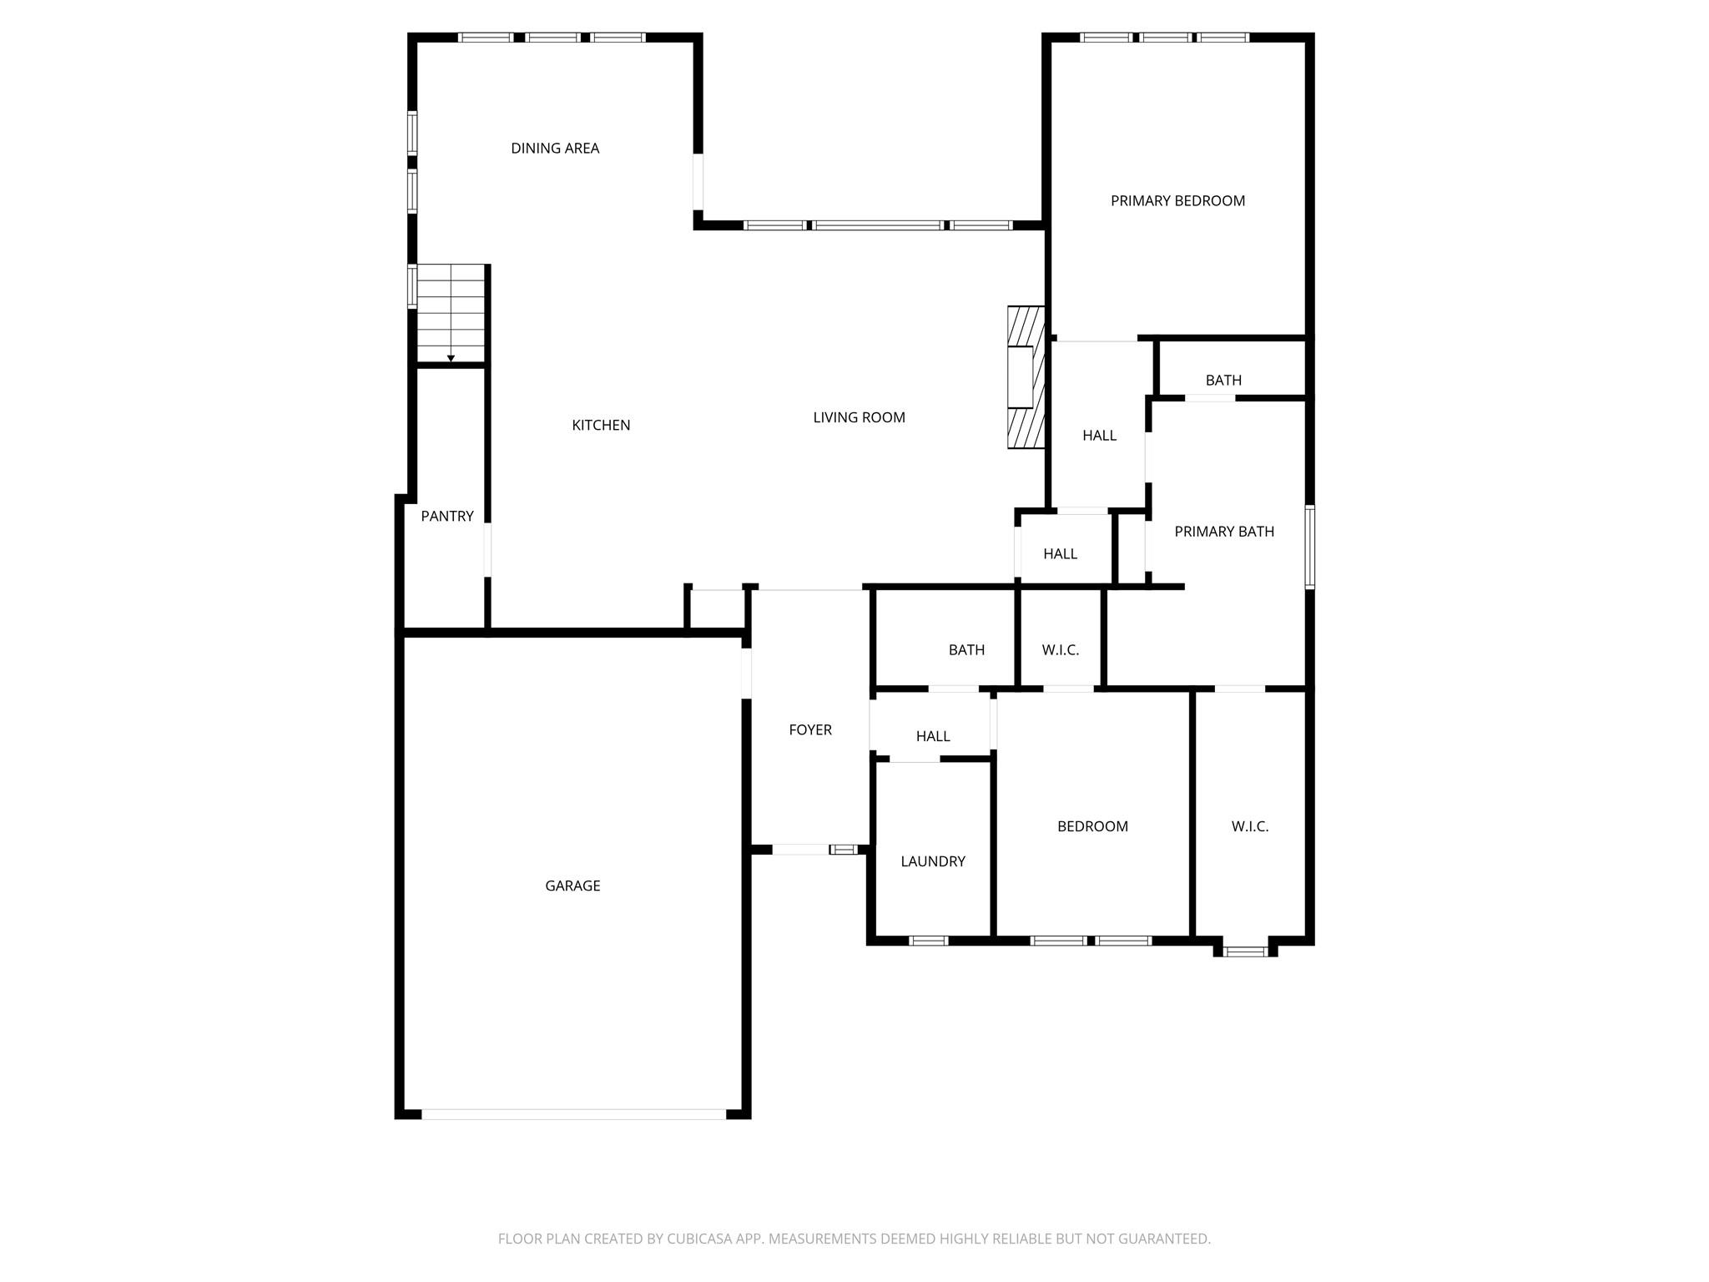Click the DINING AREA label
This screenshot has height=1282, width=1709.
(555, 149)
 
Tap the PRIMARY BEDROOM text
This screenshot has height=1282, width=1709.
(1177, 201)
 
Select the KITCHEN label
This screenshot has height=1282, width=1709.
(601, 426)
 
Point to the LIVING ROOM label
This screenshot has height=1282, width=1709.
(859, 418)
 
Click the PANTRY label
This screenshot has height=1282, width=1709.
(447, 517)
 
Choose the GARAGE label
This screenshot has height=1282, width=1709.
(572, 886)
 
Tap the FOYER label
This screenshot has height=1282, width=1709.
(810, 730)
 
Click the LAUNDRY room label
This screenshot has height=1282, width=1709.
(933, 862)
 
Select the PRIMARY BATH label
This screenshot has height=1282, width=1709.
(1224, 532)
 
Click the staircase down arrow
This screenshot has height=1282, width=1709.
(451, 357)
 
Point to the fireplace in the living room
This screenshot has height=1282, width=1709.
(1026, 378)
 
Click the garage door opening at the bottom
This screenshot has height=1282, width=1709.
(573, 1114)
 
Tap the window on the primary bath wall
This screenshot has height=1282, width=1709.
(1309, 547)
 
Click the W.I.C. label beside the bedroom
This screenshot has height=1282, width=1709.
(1250, 827)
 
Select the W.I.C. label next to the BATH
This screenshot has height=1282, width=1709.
(1061, 650)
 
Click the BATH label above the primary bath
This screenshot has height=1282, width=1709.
(1223, 381)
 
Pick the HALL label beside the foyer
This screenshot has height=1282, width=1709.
(933, 737)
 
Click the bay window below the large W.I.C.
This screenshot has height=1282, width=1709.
(1245, 951)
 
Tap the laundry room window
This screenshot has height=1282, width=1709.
(928, 941)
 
